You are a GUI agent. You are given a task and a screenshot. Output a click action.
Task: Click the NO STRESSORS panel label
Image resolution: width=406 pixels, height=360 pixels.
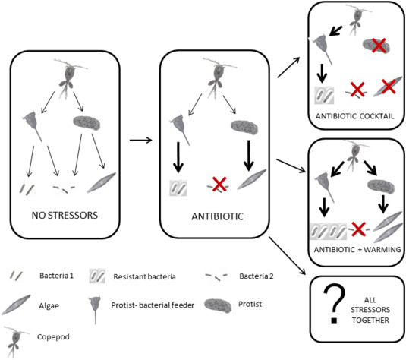[x=65, y=216]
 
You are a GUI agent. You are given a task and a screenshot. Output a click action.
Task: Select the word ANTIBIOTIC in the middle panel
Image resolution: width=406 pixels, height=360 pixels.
[x=218, y=216]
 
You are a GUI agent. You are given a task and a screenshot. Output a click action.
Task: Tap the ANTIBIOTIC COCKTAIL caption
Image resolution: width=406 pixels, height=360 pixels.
[x=354, y=116]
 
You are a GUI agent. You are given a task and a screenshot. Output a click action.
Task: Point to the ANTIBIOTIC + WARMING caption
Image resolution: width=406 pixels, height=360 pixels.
[x=357, y=250]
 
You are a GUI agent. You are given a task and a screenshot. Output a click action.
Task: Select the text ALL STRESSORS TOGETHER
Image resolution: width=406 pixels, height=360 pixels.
[x=370, y=310]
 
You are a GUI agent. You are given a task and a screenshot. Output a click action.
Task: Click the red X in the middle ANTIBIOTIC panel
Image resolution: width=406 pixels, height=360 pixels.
[x=219, y=185]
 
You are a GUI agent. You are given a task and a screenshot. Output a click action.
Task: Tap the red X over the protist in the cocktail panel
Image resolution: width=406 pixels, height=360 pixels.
[x=379, y=45]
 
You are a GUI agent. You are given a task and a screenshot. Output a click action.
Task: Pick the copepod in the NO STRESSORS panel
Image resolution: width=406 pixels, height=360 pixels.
[x=68, y=78]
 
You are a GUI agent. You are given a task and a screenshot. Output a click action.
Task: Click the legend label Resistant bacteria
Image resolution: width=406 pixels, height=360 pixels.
[x=144, y=276]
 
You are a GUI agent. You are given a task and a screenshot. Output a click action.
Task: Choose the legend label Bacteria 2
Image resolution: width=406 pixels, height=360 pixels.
[x=257, y=276]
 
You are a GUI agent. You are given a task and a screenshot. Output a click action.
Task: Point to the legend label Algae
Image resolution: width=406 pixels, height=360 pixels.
[x=49, y=306]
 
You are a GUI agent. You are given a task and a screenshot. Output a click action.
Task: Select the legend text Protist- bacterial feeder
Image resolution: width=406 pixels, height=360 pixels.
[x=153, y=305]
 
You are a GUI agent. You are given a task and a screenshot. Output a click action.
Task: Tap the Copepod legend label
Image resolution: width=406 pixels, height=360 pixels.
[x=53, y=337]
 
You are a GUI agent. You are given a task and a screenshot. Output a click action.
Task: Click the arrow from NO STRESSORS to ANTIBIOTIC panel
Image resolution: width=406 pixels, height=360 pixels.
[x=140, y=141]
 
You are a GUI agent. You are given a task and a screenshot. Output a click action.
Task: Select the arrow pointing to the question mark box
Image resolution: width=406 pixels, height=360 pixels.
[x=288, y=255]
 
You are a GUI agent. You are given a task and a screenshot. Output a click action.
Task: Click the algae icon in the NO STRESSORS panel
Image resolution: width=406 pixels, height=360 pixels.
[x=101, y=182]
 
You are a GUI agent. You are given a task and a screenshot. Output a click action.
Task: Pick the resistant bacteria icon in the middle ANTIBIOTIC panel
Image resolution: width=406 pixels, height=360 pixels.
[x=178, y=188]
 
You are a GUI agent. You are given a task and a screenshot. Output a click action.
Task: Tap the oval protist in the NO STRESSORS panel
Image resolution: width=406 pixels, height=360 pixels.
[x=87, y=122]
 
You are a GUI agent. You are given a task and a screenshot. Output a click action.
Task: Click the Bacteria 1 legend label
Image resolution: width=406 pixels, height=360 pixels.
[x=56, y=276]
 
